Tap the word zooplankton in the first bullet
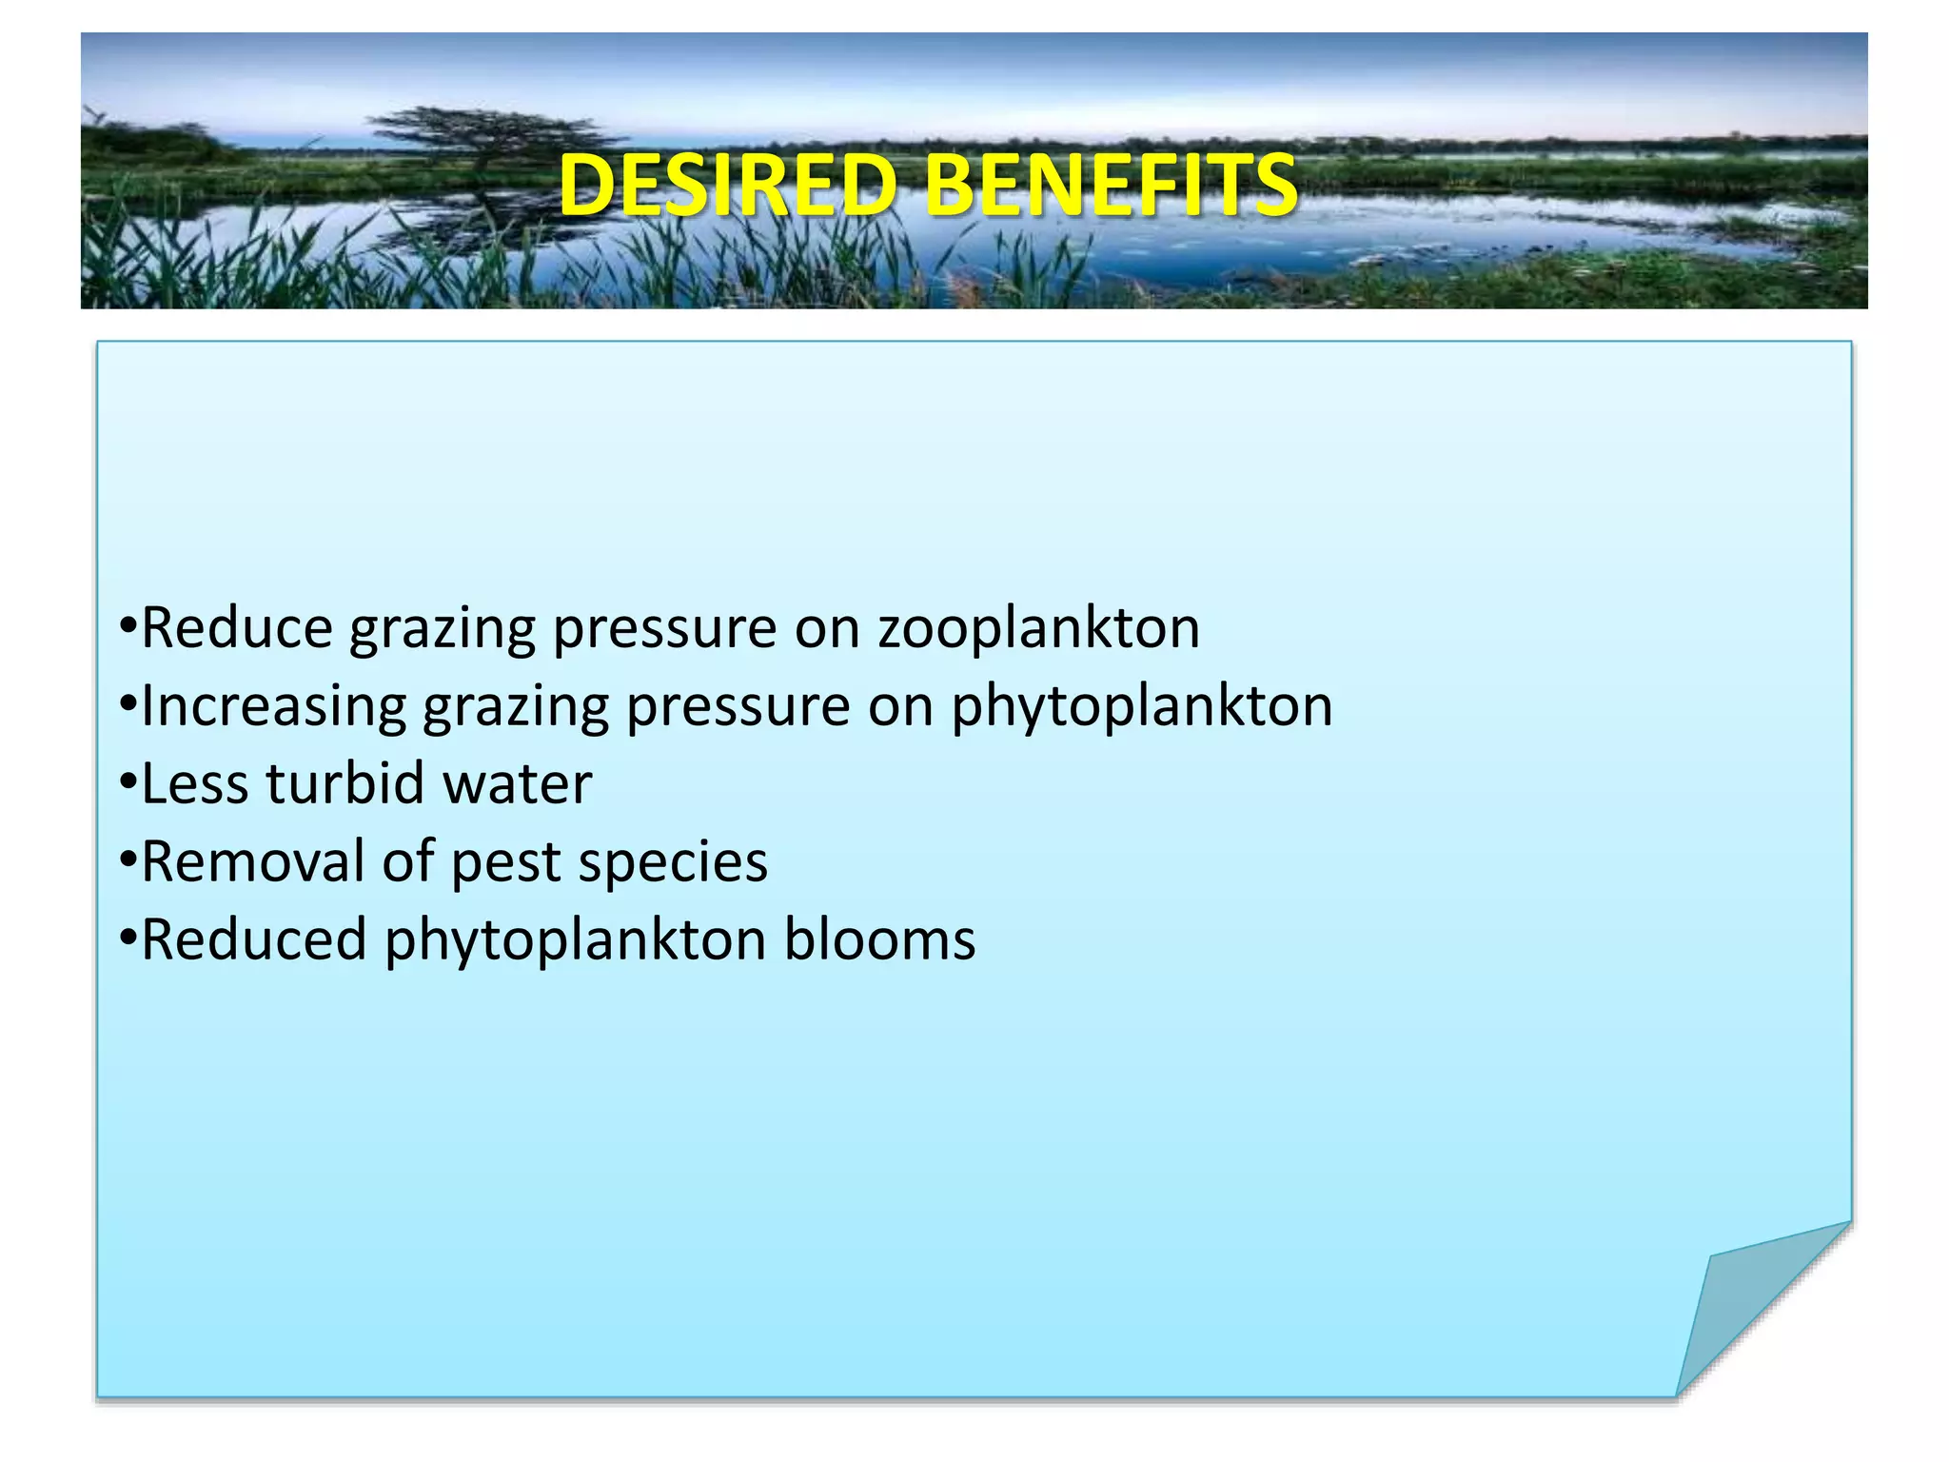coord(1038,629)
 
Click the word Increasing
coord(274,707)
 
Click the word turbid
coord(345,784)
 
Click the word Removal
coord(252,862)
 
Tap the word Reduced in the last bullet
coord(254,940)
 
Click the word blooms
coord(879,940)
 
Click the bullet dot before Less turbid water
coord(128,784)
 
